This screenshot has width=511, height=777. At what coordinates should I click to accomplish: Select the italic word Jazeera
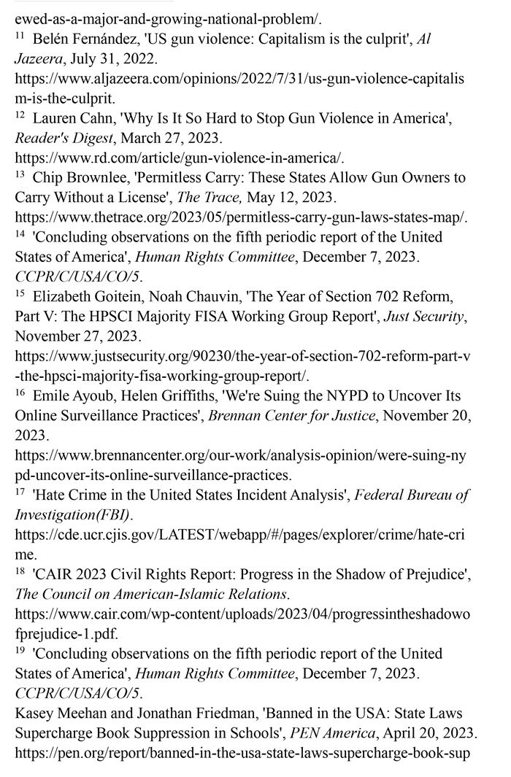(40, 54)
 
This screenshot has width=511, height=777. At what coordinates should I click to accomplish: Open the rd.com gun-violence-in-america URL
(180, 158)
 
